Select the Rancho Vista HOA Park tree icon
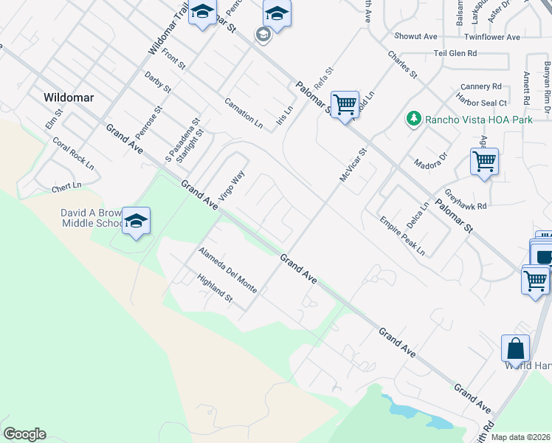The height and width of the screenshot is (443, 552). (414, 118)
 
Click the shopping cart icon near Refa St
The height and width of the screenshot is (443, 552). (345, 105)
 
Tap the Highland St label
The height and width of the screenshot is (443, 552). (214, 289)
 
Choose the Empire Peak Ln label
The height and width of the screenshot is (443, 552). (403, 236)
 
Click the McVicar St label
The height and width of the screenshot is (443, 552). (353, 165)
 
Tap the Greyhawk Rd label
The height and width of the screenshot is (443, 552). (460, 202)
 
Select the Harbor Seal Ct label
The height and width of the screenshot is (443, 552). (482, 103)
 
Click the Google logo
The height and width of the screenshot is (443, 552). (24, 434)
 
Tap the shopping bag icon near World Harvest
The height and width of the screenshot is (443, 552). (515, 348)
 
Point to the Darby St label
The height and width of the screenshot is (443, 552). (158, 83)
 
